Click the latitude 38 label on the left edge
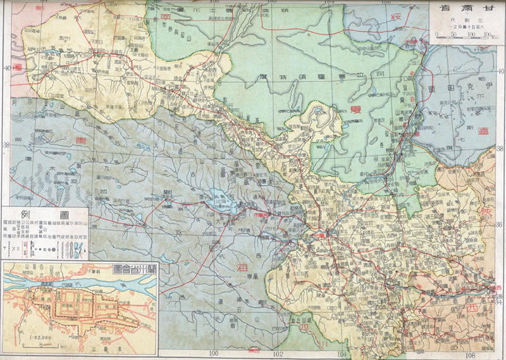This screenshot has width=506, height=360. (x=6, y=144)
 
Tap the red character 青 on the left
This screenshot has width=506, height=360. (x=80, y=139)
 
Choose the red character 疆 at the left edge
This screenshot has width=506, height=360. (x=18, y=66)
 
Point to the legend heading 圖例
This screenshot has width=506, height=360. (x=45, y=214)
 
